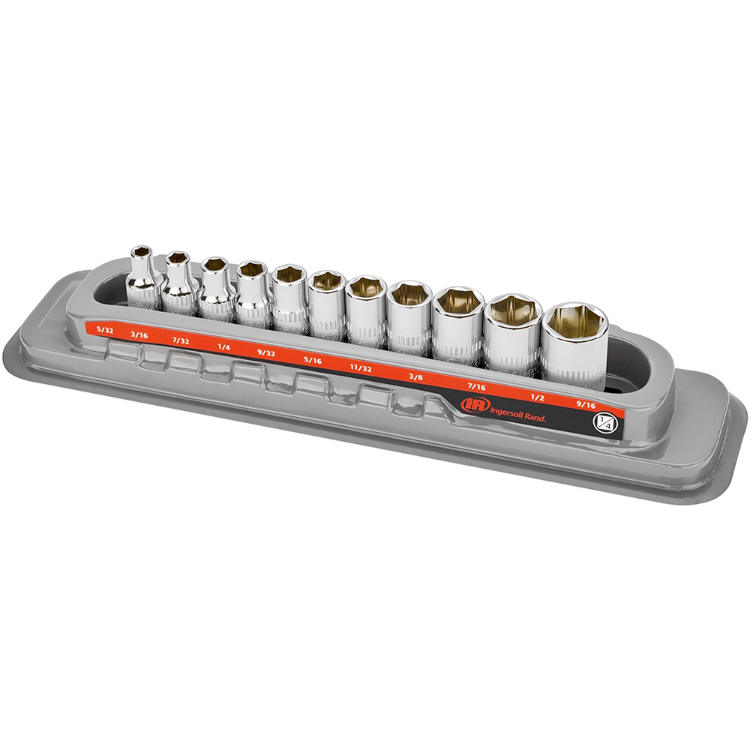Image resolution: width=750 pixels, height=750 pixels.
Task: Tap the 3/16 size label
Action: pos(139,335)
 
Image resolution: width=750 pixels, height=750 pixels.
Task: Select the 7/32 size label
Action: pos(181,341)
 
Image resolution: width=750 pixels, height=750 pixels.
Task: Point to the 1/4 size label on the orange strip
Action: pos(223,347)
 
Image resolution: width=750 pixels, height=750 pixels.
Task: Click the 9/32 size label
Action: pos(266,354)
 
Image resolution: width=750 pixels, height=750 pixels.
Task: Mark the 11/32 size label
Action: pos(361,369)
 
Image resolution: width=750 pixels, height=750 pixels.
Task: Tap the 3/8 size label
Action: pos(415,377)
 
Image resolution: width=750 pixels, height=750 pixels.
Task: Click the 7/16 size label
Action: pos(476,386)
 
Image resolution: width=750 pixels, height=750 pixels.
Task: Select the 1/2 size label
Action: pos(538,397)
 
